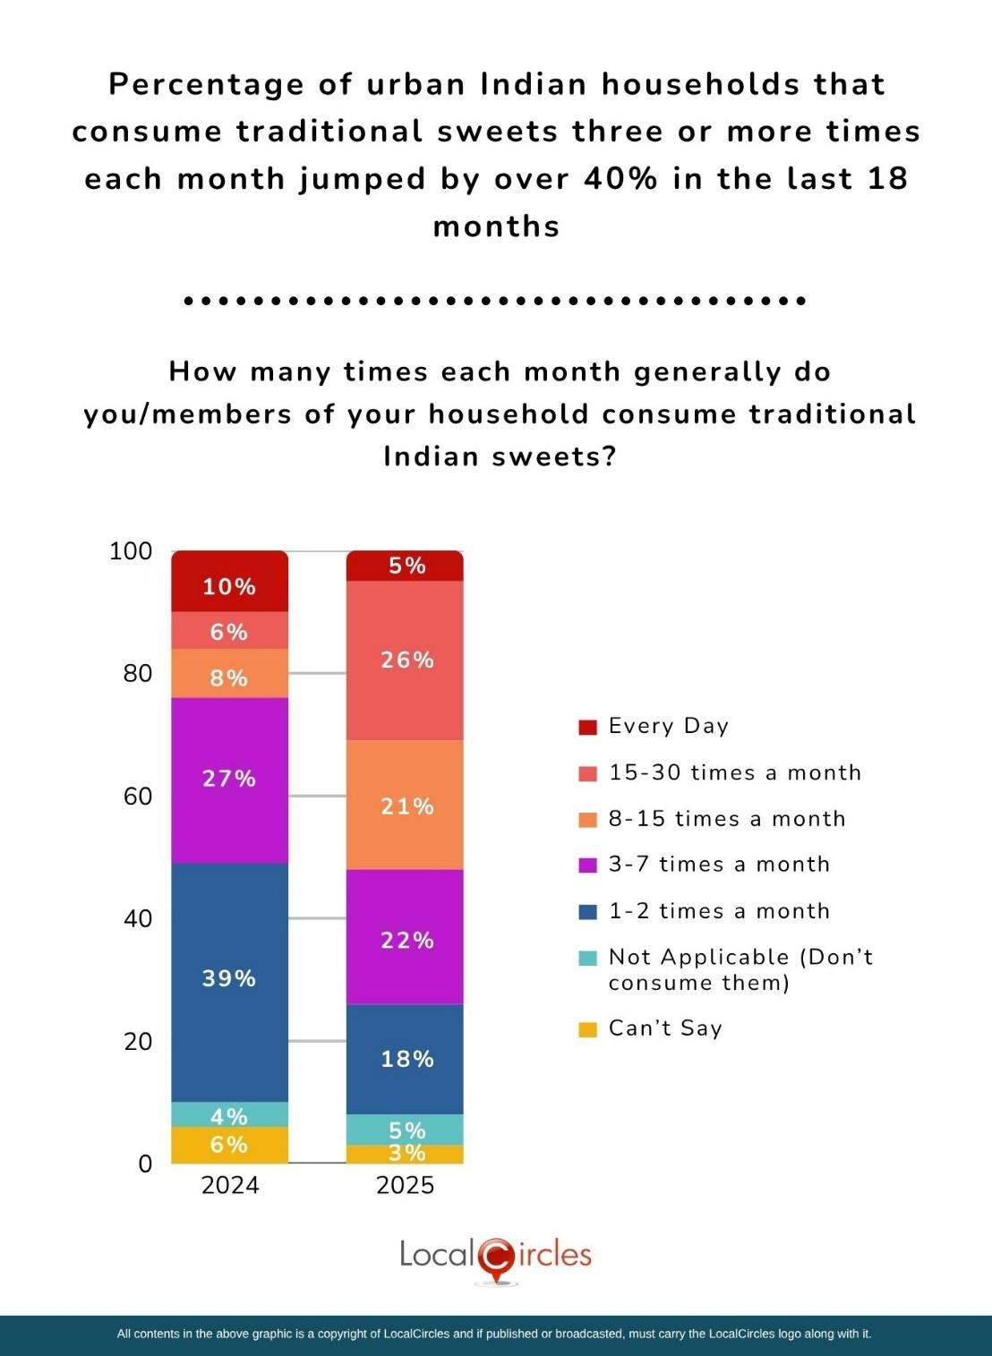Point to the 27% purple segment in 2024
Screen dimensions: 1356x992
click(229, 780)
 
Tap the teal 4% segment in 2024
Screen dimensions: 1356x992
click(229, 1114)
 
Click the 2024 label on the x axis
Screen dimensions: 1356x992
click(230, 1185)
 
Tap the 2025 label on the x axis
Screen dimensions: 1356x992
click(405, 1185)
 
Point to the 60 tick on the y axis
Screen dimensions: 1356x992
click(138, 796)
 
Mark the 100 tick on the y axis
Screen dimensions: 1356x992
click(131, 550)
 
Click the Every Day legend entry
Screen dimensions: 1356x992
click(668, 726)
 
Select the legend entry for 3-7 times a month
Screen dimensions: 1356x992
click(719, 864)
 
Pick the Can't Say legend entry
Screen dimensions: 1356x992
click(664, 1028)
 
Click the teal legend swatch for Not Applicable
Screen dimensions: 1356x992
click(587, 958)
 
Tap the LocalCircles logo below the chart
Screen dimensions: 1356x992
click(495, 1258)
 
